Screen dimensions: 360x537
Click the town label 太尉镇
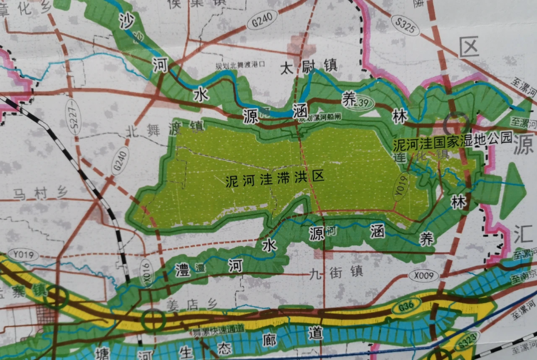click(x=304, y=67)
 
